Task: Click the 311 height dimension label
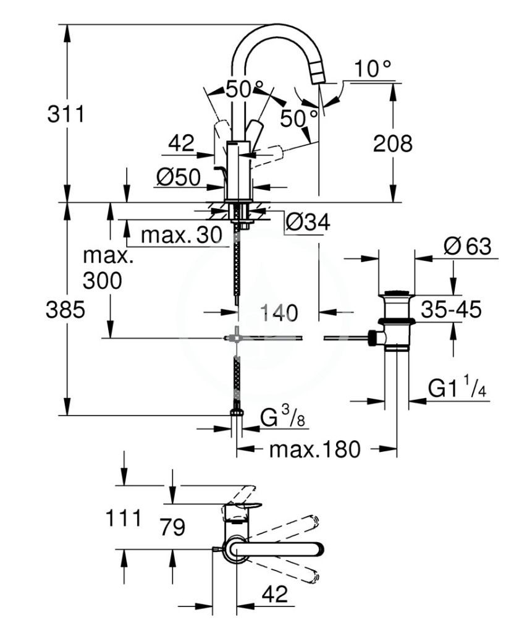tap(66, 114)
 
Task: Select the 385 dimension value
tap(65, 310)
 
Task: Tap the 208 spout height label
tap(393, 143)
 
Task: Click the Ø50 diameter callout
tap(179, 177)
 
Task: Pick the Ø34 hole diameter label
tap(308, 222)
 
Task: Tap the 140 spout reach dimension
tap(279, 313)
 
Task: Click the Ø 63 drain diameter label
tap(467, 246)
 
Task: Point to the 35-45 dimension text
tap(451, 310)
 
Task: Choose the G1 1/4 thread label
tap(457, 389)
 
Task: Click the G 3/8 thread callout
tap(283, 417)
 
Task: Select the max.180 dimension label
tap(314, 449)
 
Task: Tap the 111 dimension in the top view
tap(124, 518)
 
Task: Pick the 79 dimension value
tap(172, 527)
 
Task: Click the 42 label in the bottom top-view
tap(275, 594)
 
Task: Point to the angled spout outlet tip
tap(319, 77)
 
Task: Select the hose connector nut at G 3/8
tap(237, 412)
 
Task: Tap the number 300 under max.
tap(102, 280)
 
